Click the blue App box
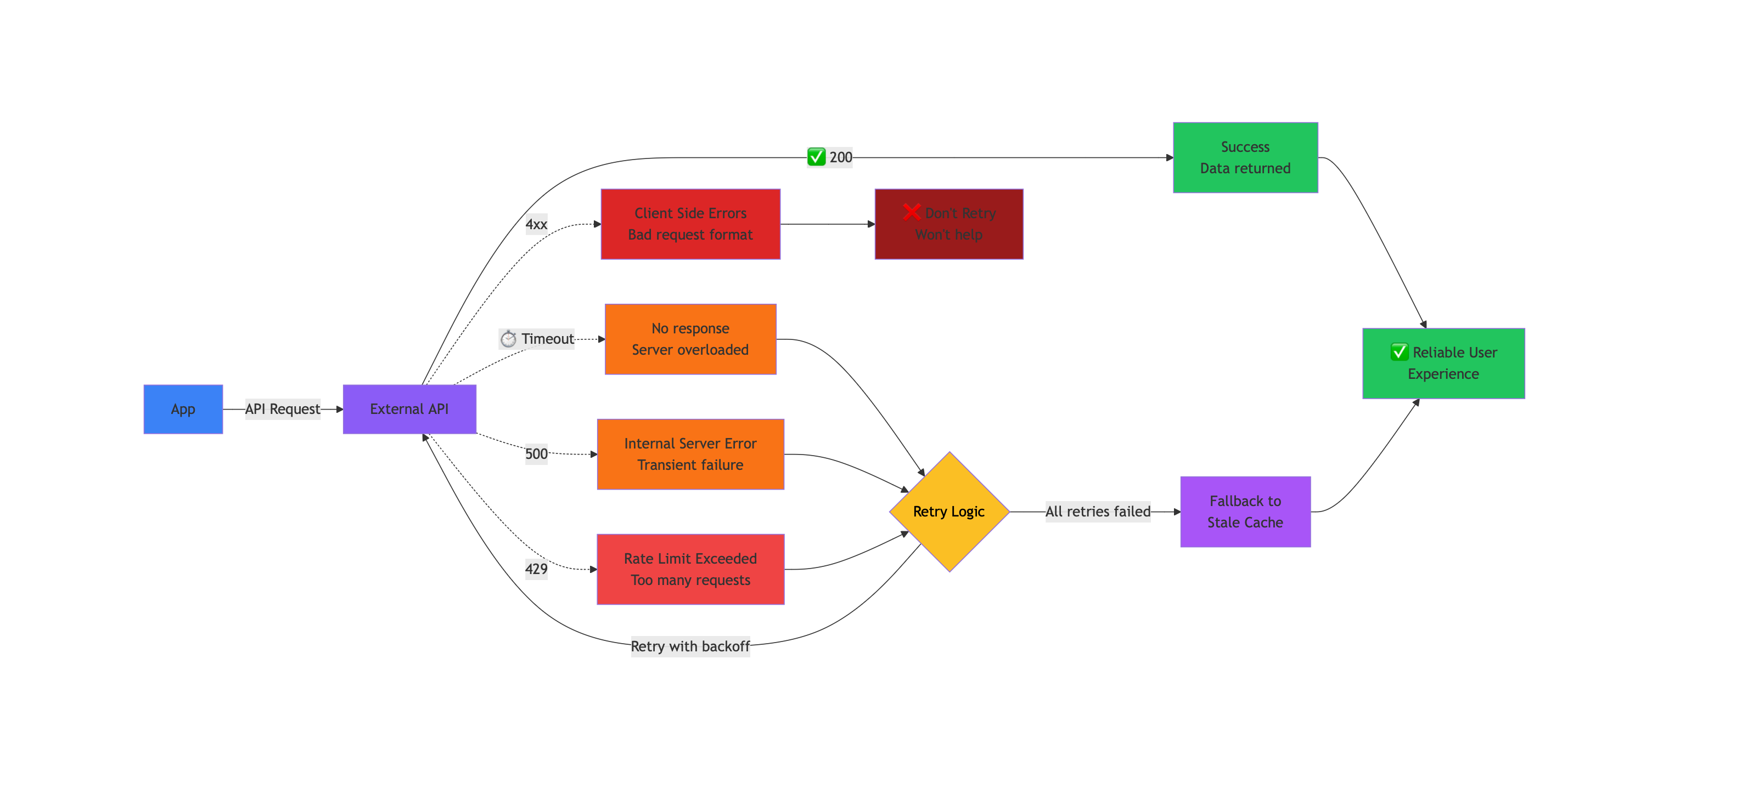tap(183, 408)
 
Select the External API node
tap(409, 408)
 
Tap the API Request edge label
tap(283, 408)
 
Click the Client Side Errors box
tap(690, 224)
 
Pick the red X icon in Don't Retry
tap(911, 212)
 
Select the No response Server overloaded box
tap(690, 339)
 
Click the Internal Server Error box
tap(690, 453)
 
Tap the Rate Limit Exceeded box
tap(690, 569)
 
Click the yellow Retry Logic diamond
tap(948, 512)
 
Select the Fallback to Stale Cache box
tap(1245, 512)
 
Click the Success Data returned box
tap(1245, 157)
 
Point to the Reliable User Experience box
tap(1443, 363)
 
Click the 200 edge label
tap(840, 157)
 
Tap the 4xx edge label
tap(536, 224)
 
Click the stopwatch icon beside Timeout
tap(508, 339)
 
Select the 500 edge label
tap(536, 453)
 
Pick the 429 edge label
tap(536, 569)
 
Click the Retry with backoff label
tap(690, 646)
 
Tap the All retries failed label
tap(1097, 512)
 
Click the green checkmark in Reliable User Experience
tap(1399, 351)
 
